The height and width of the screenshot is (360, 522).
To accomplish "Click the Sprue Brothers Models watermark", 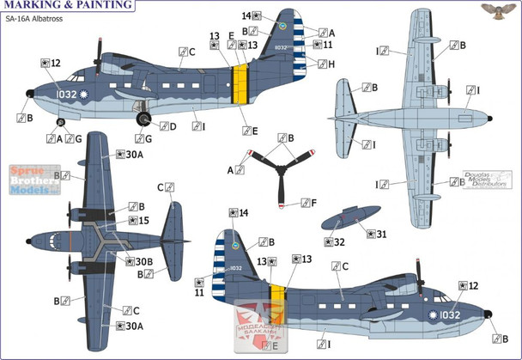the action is [x=30, y=180].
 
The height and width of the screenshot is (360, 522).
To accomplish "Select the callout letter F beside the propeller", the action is [x=315, y=204].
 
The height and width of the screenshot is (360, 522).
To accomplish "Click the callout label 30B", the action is [x=141, y=261].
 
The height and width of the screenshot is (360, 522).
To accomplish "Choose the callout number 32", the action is [x=339, y=242].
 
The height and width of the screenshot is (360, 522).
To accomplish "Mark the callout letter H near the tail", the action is [x=331, y=64].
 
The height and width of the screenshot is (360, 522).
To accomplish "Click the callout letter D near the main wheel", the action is [x=172, y=126].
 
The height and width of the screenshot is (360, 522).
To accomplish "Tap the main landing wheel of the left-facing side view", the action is [x=143, y=121].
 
